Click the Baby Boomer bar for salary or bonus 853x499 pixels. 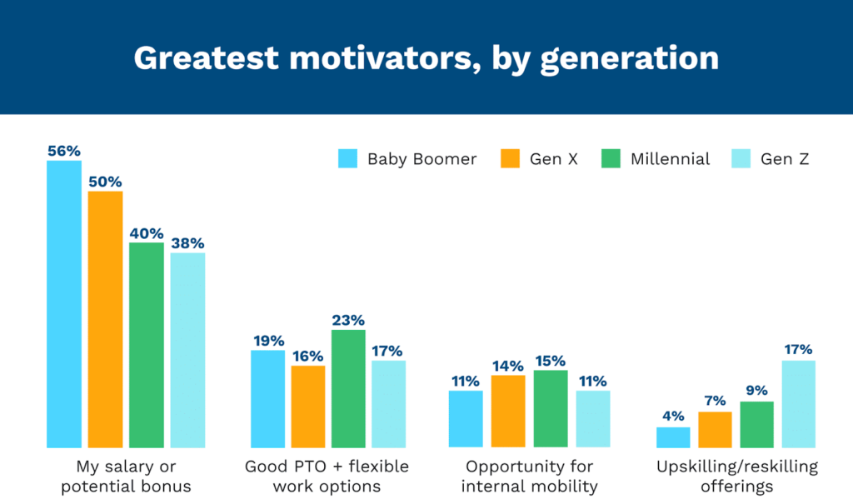64,304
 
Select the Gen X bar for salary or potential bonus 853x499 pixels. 105,319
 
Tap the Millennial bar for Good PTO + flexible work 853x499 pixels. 347,388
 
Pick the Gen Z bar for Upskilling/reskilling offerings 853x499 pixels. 798,404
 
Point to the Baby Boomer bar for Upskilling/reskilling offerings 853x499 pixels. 673,437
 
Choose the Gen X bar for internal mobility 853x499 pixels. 507,412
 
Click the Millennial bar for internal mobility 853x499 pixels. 550,409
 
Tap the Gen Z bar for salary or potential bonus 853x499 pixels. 187,350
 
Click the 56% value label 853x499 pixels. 64,151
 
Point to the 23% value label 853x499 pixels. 347,320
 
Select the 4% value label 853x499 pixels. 673,417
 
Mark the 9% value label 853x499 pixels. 757,392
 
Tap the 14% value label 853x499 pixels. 507,366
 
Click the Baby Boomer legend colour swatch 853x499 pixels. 347,158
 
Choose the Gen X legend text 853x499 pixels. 553,159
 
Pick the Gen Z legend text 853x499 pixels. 784,159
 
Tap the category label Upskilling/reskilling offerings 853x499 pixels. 736,476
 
